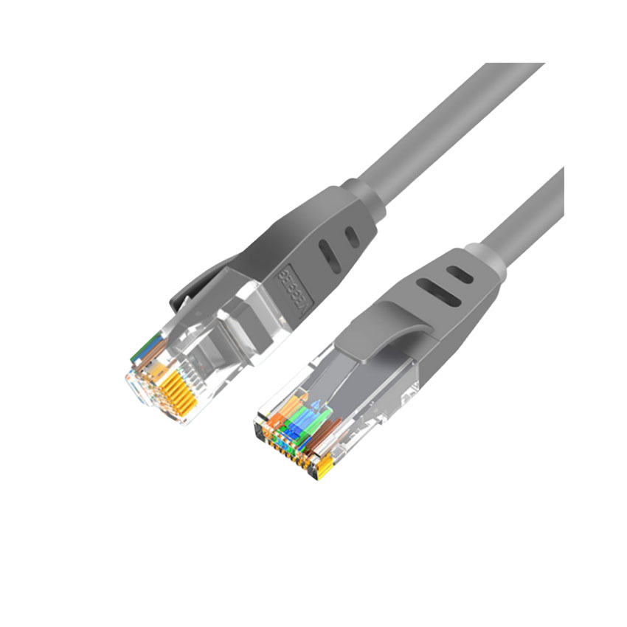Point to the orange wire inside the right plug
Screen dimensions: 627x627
tap(278, 414)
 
